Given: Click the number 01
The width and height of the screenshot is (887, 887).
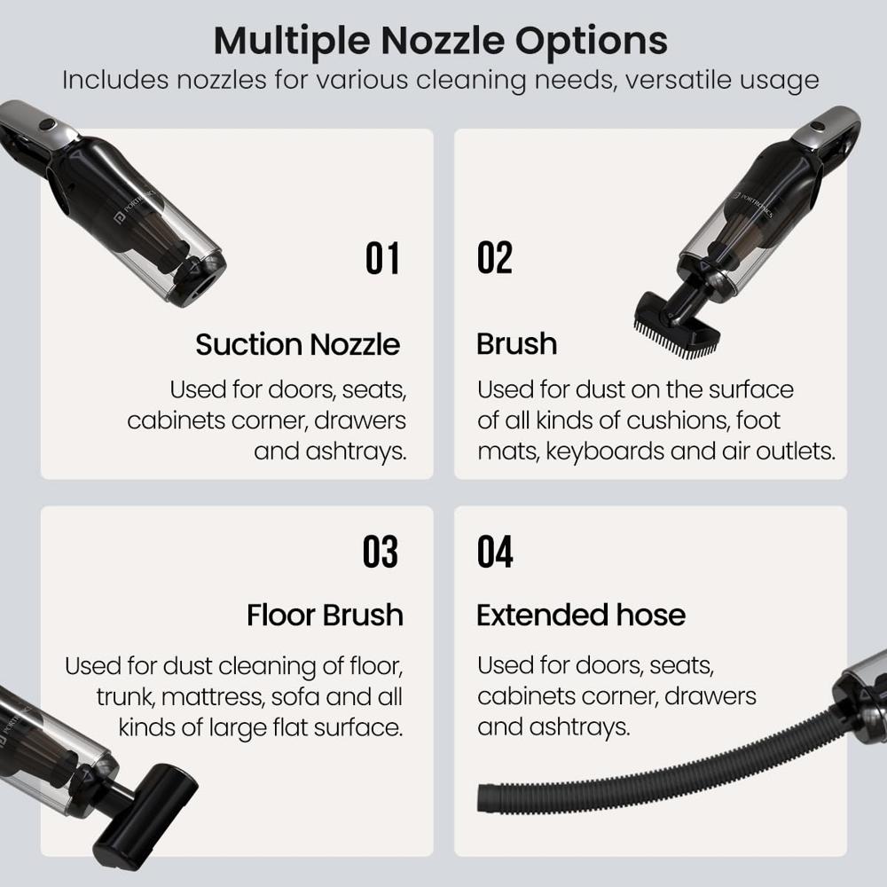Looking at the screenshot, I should (x=383, y=258).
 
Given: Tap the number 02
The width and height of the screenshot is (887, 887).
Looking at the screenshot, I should (x=494, y=258).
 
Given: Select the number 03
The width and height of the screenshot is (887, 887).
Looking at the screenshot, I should (x=381, y=552).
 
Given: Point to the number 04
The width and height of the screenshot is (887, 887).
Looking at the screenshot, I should (x=495, y=552).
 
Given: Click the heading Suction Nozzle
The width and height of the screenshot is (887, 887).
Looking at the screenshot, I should (x=297, y=344).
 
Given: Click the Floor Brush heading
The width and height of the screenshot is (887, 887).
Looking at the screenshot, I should (x=325, y=615).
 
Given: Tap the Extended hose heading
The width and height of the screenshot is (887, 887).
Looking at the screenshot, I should (x=581, y=615).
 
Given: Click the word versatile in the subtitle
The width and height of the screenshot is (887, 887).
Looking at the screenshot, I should (x=662, y=80).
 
